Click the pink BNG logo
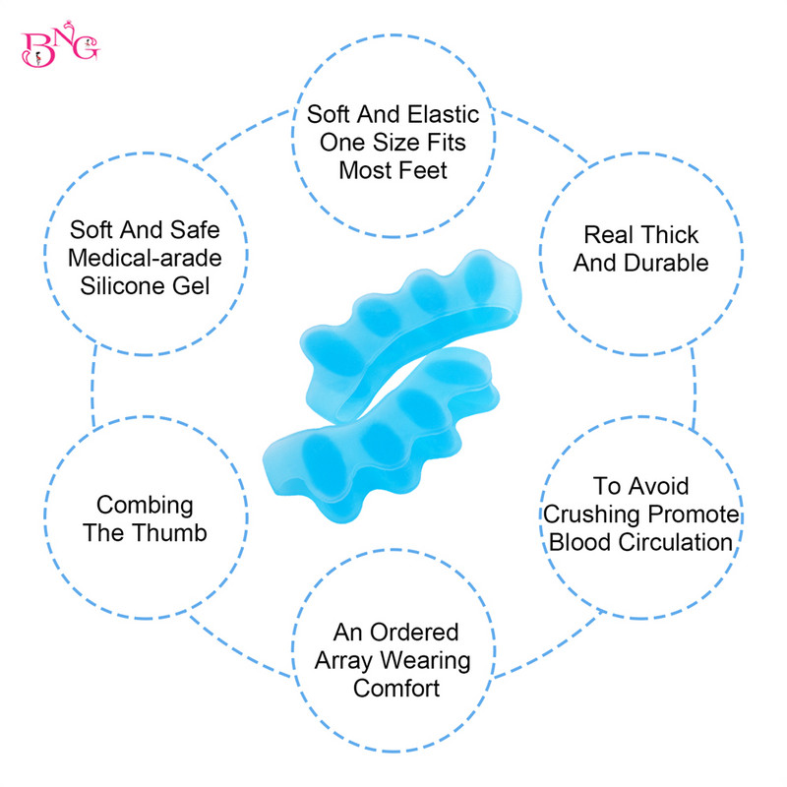coord(59,46)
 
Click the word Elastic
coord(443,116)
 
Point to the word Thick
coord(670,235)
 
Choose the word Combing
coord(145,505)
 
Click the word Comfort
coord(396,688)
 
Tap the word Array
coord(347,660)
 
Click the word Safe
coord(194,231)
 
